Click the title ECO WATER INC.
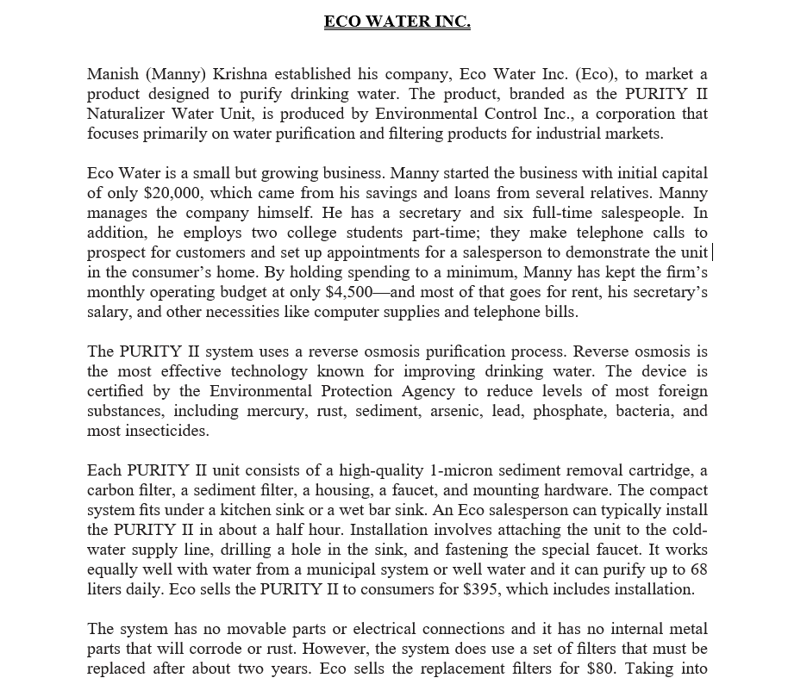click(x=397, y=21)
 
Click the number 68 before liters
click(x=698, y=570)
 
